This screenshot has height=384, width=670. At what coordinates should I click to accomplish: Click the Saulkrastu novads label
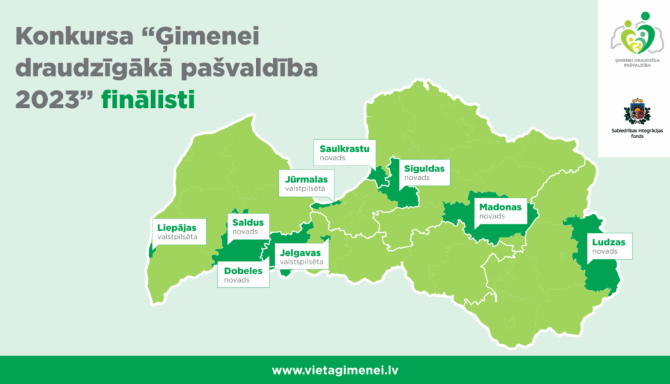[x=344, y=152]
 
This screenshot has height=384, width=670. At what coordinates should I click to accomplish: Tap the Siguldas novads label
[x=424, y=172]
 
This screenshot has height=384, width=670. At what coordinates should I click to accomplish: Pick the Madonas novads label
[x=500, y=211]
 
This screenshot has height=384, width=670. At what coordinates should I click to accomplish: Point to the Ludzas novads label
[x=608, y=246]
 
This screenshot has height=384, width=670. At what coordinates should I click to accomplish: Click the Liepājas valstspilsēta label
[x=177, y=232]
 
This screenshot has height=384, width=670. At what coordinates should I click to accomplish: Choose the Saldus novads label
[x=248, y=227]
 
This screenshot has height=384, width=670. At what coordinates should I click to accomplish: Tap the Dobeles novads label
[x=243, y=275]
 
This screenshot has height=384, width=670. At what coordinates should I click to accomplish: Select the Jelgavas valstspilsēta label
[x=301, y=256]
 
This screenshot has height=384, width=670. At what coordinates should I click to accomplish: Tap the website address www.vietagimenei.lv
[x=335, y=370]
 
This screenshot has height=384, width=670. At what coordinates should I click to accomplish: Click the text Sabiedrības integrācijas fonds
[x=633, y=134]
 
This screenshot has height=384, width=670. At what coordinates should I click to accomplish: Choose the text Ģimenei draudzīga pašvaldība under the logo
[x=633, y=63]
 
